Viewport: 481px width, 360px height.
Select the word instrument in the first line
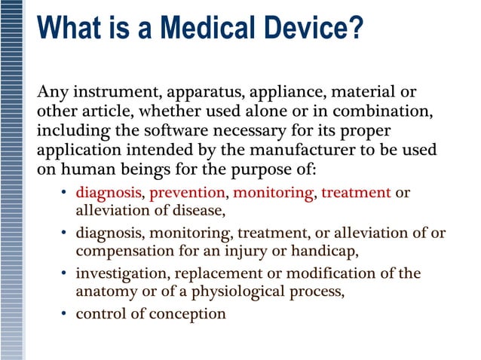(114, 93)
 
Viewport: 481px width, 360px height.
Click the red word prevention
(188, 192)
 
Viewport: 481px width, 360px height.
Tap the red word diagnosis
(108, 192)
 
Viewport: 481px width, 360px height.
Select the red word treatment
(356, 192)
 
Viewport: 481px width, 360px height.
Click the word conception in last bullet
(188, 313)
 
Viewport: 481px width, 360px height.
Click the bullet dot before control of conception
(64, 313)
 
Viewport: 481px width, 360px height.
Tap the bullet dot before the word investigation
(64, 273)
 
